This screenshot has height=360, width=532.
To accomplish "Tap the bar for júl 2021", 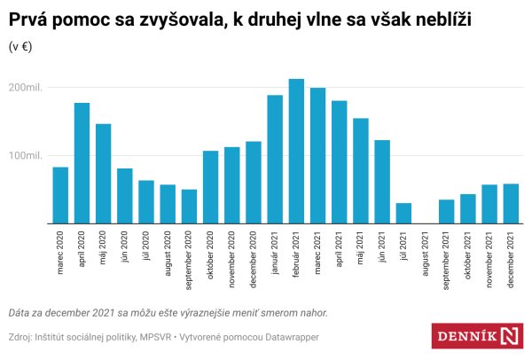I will pyautogui.click(x=403, y=214).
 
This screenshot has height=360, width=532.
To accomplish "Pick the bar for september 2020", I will pyautogui.click(x=189, y=207).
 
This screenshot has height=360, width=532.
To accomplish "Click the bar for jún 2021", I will pyautogui.click(x=382, y=182).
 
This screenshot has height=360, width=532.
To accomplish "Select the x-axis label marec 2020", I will pyautogui.click(x=60, y=253).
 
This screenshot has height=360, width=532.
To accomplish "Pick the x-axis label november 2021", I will pyautogui.click(x=489, y=258).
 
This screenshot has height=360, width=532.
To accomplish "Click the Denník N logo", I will pyautogui.click(x=478, y=336).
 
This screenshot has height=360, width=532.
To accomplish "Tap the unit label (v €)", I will pyautogui.click(x=21, y=47).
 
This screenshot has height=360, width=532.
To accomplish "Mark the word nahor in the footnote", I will pyautogui.click(x=311, y=312).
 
